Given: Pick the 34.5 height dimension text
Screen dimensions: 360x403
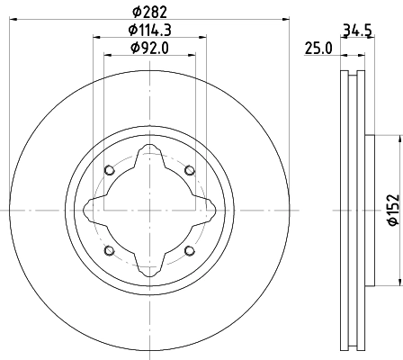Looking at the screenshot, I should pyautogui.click(x=356, y=30).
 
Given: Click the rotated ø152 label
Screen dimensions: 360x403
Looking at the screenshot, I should pyautogui.click(x=392, y=211).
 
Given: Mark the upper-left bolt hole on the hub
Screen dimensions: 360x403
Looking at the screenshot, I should pyautogui.click(x=110, y=171).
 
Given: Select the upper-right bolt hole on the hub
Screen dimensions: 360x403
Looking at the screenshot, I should pyautogui.click(x=189, y=171).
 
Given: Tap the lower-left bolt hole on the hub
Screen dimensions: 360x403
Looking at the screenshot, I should pyautogui.click(x=110, y=250).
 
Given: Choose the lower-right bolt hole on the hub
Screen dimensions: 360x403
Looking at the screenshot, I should pyautogui.click(x=189, y=250).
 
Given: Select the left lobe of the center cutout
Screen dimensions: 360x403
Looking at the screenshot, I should pyautogui.click(x=90, y=211).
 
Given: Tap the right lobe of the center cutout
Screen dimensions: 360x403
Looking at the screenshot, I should pyautogui.click(x=209, y=211).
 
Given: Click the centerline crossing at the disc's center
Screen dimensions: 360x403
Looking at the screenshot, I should pyautogui.click(x=149, y=211).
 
